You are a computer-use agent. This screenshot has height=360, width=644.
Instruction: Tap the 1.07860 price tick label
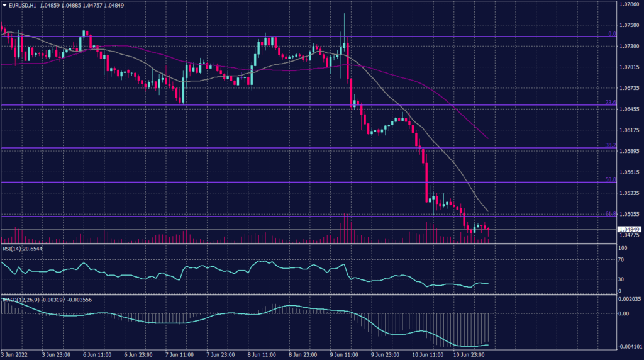tap(630, 4)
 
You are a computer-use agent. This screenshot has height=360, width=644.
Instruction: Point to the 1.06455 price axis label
tap(630, 109)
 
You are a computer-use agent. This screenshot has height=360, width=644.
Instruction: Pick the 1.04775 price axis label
tap(630, 235)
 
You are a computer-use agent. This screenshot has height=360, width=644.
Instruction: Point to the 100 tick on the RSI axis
tap(622, 249)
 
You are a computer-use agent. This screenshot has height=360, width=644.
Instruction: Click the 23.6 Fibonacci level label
tap(609, 102)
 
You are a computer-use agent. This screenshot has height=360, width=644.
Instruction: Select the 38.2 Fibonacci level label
tap(609, 145)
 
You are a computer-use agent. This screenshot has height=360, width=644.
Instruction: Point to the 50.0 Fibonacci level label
tap(609, 179)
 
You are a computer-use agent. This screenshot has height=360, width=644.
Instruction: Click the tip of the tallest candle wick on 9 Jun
tap(344, 13)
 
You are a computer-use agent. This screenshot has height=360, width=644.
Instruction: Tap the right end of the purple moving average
tap(488, 138)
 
